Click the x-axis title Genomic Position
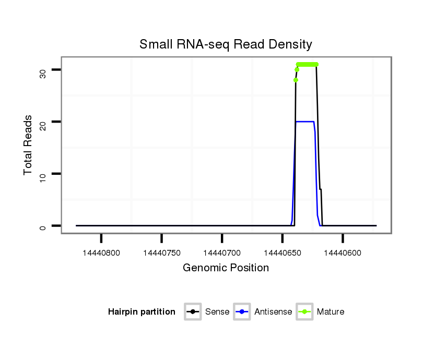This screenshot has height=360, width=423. click(x=226, y=268)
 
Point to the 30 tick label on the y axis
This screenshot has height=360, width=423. click(x=42, y=73)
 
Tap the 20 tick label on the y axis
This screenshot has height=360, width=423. click(x=42, y=123)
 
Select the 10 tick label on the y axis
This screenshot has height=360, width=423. click(x=42, y=175)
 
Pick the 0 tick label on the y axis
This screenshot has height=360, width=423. click(x=42, y=227)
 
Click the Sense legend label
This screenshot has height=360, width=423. click(x=217, y=312)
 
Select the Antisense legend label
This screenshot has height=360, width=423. click(x=273, y=312)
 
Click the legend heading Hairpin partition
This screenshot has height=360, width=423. click(x=142, y=312)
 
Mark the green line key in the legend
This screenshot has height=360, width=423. click(x=304, y=312)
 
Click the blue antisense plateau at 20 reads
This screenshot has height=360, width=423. click(x=305, y=122)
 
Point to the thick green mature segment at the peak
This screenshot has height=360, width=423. click(x=307, y=65)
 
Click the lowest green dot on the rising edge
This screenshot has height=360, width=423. click(x=296, y=80)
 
